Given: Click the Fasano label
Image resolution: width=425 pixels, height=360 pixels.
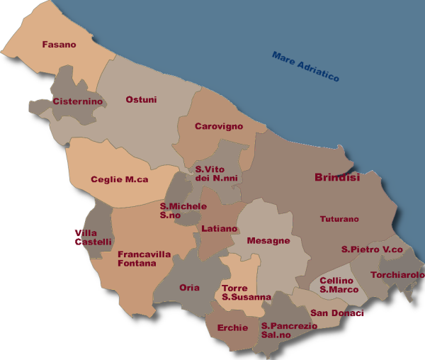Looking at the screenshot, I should (x=59, y=45).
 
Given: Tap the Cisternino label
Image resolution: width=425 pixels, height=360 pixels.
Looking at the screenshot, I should (x=78, y=101).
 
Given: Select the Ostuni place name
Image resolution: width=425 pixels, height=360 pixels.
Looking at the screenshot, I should (x=140, y=100).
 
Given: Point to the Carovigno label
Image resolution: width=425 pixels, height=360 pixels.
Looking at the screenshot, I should (x=218, y=126).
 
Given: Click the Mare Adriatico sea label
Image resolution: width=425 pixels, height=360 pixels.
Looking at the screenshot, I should (x=305, y=65).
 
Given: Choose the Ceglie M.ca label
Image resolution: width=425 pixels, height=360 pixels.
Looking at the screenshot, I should (x=119, y=179).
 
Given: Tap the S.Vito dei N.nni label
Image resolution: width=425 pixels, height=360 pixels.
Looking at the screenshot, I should (x=216, y=174).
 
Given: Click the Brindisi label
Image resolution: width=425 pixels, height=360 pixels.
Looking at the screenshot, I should (x=336, y=178).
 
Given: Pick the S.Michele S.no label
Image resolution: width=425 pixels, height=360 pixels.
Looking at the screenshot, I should (x=183, y=210).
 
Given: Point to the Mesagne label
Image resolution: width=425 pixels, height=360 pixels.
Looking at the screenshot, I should (x=268, y=241).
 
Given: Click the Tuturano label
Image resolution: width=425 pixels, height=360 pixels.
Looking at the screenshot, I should (x=339, y=219).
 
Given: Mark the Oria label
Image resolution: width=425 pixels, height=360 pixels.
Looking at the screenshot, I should (x=190, y=288).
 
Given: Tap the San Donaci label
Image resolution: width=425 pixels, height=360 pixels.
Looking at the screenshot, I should (x=336, y=313).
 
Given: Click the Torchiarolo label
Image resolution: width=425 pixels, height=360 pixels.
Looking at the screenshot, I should (x=397, y=275).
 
